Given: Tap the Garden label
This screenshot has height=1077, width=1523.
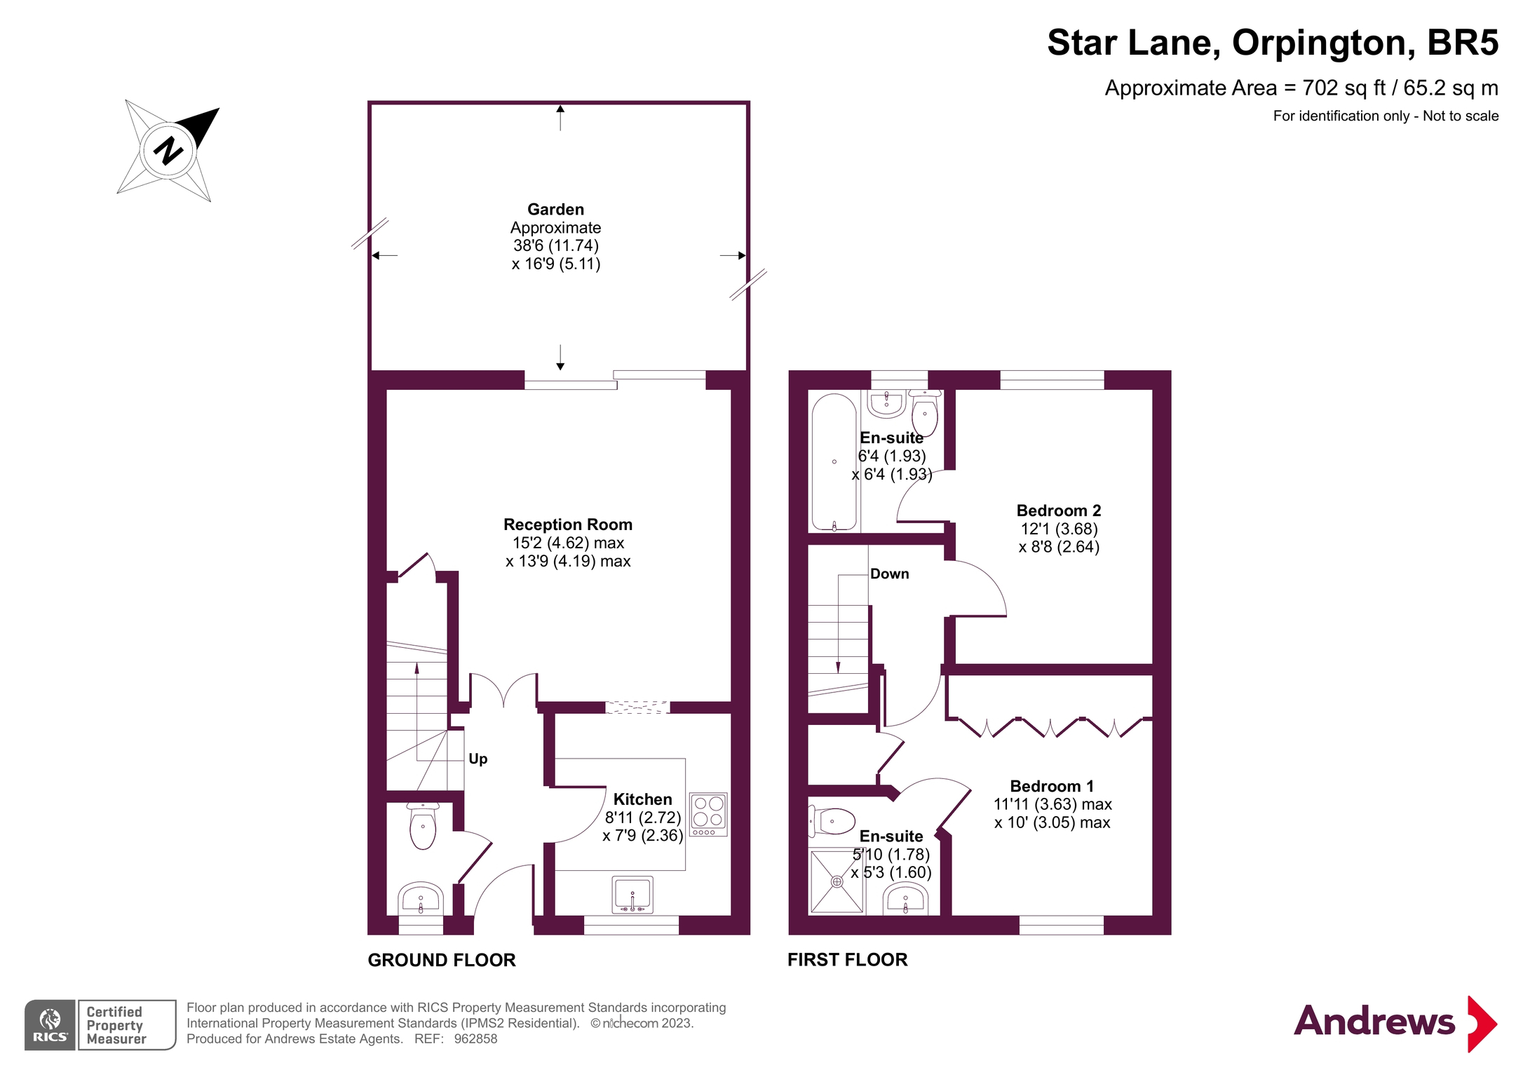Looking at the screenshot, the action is pyautogui.click(x=556, y=209).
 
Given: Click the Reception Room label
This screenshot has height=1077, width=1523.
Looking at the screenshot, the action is pyautogui.click(x=568, y=524).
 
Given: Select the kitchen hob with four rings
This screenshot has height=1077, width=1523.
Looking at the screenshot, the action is pyautogui.click(x=708, y=814).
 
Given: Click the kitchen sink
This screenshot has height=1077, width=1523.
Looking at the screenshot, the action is pyautogui.click(x=633, y=895).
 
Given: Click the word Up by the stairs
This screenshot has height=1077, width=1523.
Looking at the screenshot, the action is pyautogui.click(x=478, y=759).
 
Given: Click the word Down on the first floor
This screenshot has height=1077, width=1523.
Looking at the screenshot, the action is pyautogui.click(x=889, y=574).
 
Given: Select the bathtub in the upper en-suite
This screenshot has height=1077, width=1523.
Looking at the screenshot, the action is pyautogui.click(x=834, y=461).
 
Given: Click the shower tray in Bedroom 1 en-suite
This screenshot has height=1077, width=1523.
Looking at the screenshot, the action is pyautogui.click(x=837, y=881).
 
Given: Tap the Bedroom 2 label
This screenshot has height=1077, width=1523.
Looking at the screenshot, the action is pyautogui.click(x=1059, y=510).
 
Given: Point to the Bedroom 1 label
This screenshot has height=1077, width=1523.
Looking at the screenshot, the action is pyautogui.click(x=1052, y=786).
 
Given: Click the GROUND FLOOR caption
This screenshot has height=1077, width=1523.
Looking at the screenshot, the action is pyautogui.click(x=442, y=960).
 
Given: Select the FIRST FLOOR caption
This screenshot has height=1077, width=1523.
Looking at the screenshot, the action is pyautogui.click(x=847, y=959).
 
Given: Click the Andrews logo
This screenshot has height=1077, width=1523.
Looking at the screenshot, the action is pyautogui.click(x=1395, y=1023).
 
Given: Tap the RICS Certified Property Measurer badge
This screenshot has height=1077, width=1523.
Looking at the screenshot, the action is pyautogui.click(x=100, y=1024).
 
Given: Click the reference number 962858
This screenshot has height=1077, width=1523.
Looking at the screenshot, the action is pyautogui.click(x=475, y=1038).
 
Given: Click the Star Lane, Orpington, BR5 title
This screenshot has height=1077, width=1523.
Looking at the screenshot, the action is pyautogui.click(x=1273, y=43).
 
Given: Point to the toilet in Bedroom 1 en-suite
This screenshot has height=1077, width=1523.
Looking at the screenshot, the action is pyautogui.click(x=832, y=821).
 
